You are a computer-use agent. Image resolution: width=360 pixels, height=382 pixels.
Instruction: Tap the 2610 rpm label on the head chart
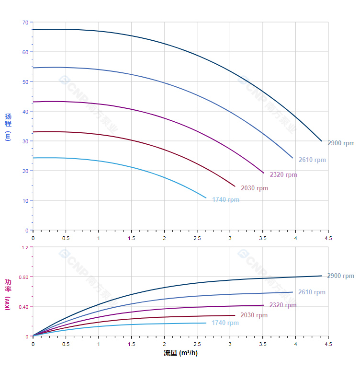tap(312, 160)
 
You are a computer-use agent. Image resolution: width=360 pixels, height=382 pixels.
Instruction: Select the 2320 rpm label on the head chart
tap(283, 175)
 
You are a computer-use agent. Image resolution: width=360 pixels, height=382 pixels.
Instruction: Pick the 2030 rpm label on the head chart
tap(254, 188)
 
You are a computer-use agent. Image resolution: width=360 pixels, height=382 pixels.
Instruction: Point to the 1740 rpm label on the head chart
tap(225, 200)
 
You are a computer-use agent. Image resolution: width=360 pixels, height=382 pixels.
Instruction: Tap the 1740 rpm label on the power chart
tap(225, 323)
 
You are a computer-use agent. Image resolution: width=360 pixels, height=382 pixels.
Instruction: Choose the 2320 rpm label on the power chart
tap(282, 305)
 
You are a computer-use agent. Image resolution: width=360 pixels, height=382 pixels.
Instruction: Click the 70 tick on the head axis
tap(25, 23)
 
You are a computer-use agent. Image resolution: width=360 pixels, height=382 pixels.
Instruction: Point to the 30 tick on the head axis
tap(25, 141)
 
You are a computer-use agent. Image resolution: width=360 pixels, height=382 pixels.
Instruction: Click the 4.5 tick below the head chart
tap(328, 238)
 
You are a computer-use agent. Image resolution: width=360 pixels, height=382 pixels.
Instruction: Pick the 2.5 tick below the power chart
tap(197, 344)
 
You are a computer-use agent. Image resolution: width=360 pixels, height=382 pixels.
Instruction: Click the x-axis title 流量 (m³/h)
tap(180, 353)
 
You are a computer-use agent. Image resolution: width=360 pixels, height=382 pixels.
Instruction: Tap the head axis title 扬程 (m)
tap(8, 127)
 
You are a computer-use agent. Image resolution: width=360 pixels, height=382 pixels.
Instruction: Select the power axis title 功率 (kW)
tap(8, 294)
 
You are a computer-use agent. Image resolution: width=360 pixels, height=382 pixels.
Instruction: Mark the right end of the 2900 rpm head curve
tap(322, 141)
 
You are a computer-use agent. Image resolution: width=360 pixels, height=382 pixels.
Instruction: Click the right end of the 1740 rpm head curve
tap(206, 198)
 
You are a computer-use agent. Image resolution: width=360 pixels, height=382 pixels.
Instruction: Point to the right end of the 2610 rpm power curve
tap(292, 292)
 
